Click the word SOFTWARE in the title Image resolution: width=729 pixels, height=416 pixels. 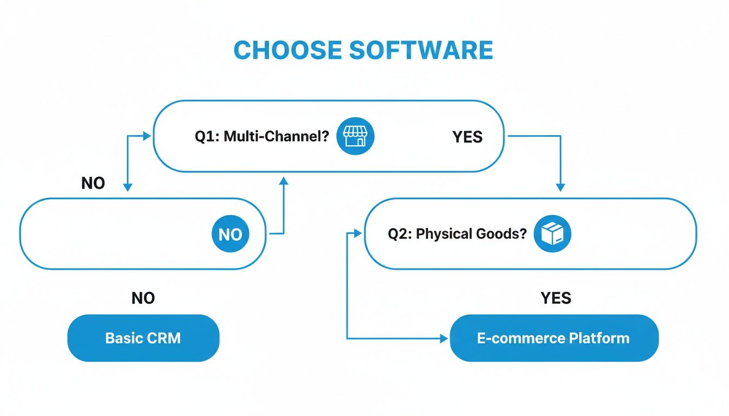tap(421, 50)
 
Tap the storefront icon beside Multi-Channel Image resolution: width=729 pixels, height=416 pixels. tap(355, 135)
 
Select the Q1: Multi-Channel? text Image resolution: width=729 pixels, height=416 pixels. tap(262, 136)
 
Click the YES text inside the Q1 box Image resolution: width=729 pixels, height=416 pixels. tap(467, 137)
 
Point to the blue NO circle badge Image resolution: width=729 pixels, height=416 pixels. tap(230, 234)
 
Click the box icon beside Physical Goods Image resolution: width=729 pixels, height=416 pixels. tap(553, 234)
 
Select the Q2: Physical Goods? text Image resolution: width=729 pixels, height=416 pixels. tap(457, 235)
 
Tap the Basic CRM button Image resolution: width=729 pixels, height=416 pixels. tap(143, 338)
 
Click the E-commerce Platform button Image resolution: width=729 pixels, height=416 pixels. tap(554, 338)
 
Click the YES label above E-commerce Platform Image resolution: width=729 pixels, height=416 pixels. tap(555, 298)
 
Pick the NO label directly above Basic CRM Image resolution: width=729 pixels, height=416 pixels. tap(143, 298)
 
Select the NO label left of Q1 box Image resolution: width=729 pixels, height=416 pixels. tap(93, 184)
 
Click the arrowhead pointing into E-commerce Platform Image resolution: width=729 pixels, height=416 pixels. tap(444, 339)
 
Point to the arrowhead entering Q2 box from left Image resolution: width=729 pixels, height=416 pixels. tap(357, 233)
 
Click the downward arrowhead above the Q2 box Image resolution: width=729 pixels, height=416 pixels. tap(560, 187)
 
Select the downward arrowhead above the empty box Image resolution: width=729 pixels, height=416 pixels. tap(127, 187)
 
